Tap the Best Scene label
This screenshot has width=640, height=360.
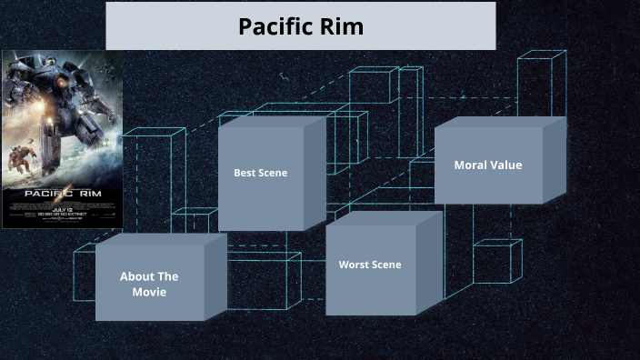click(260, 173)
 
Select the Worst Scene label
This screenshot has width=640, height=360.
click(370, 265)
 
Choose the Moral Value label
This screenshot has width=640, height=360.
click(488, 165)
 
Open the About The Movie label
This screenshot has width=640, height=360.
click(149, 284)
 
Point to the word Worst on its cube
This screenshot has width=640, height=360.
click(355, 265)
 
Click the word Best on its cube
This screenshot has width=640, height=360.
click(245, 173)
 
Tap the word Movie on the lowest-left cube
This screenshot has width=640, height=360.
click(149, 292)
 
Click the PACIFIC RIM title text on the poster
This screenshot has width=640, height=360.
click(61, 193)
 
